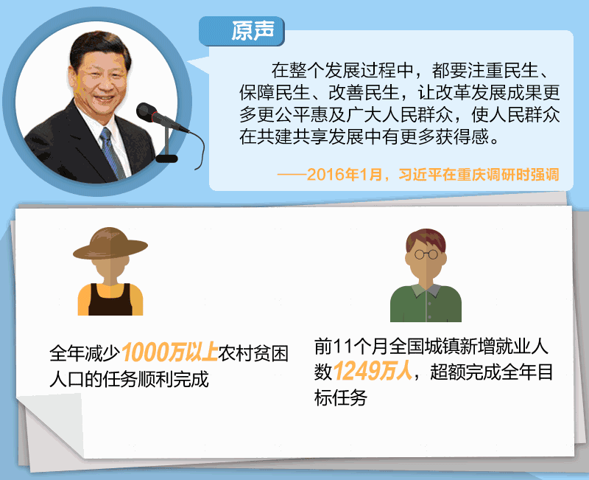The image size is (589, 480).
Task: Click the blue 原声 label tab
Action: pyautogui.click(x=241, y=31)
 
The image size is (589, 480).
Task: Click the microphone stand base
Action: pyautogui.click(x=166, y=159)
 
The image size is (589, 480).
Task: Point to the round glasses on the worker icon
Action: pyautogui.click(x=426, y=254)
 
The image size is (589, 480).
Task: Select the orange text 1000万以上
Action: pyautogui.click(x=170, y=352)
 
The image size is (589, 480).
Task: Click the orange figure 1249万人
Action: pyautogui.click(x=373, y=372)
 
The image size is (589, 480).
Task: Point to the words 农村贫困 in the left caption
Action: pyautogui.click(x=253, y=353)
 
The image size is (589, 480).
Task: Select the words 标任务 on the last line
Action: pyautogui.click(x=340, y=398)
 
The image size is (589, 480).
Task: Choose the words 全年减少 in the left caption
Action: pyautogui.click(x=85, y=353)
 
